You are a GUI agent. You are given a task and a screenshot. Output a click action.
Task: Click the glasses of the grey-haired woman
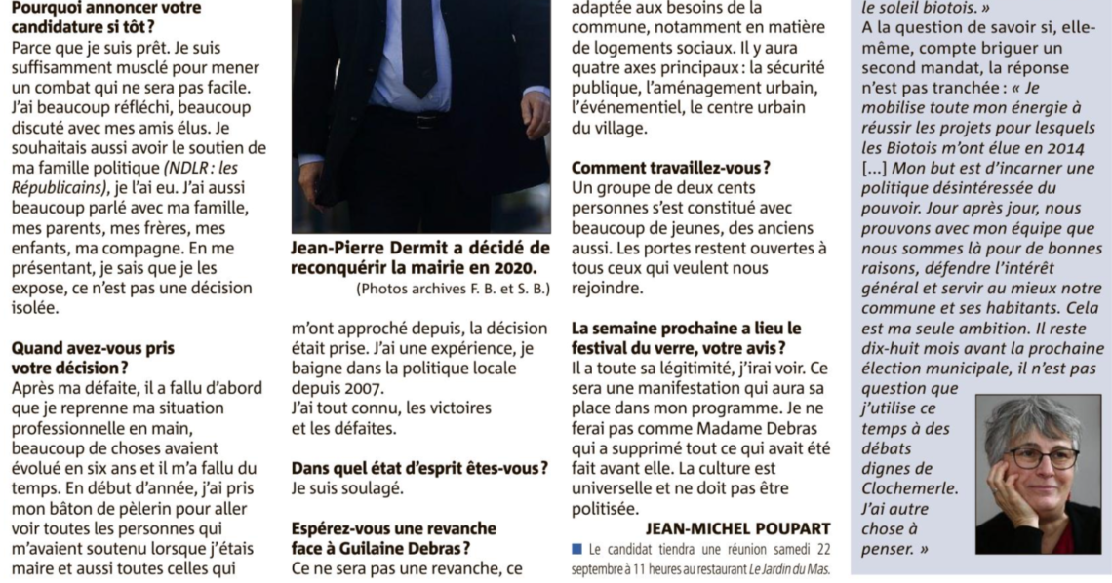pos(1042,456)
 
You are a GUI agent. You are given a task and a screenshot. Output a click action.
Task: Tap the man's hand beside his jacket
pos(535,112)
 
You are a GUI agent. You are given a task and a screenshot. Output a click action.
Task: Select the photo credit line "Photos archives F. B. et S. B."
pos(454,288)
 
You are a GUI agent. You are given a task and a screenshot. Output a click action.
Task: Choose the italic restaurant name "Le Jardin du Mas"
pos(780,567)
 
